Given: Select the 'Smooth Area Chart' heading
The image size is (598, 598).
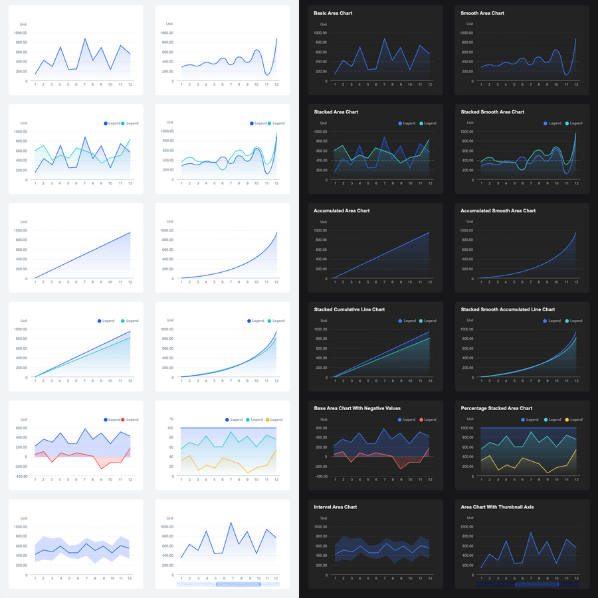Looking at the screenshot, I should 482,13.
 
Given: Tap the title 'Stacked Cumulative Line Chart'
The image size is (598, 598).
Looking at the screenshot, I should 349,310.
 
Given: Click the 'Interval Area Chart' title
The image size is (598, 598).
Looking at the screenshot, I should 336,507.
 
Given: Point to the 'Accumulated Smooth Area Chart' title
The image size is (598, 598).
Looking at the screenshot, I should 498,211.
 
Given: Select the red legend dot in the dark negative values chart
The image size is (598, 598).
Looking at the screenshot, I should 421,419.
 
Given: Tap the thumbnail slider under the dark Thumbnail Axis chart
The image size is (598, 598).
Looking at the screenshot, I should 537,585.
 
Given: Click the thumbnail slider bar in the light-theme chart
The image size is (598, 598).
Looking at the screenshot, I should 239,585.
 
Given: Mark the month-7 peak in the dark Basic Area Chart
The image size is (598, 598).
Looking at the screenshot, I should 384,38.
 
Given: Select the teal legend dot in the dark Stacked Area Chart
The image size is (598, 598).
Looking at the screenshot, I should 421,123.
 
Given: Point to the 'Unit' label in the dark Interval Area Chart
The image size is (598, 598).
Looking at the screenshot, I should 323,518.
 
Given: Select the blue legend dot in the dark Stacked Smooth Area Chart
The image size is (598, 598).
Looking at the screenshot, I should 546,123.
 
